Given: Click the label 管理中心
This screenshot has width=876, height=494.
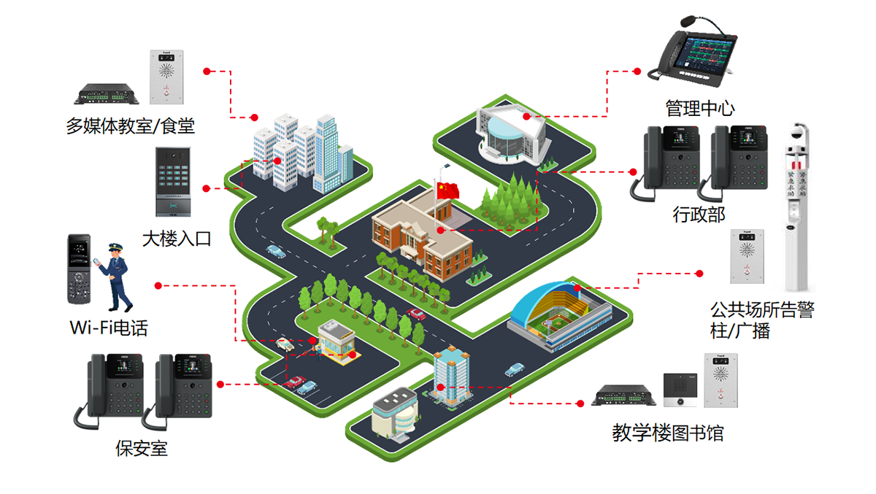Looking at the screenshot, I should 699,109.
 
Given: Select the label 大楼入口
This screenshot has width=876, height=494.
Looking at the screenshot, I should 176,238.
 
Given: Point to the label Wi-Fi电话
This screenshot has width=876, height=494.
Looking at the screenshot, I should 109,328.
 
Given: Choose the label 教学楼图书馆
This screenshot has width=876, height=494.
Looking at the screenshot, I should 667,433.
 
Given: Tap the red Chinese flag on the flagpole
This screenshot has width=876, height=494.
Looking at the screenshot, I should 447,190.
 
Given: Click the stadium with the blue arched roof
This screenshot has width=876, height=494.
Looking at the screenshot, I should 561,317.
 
